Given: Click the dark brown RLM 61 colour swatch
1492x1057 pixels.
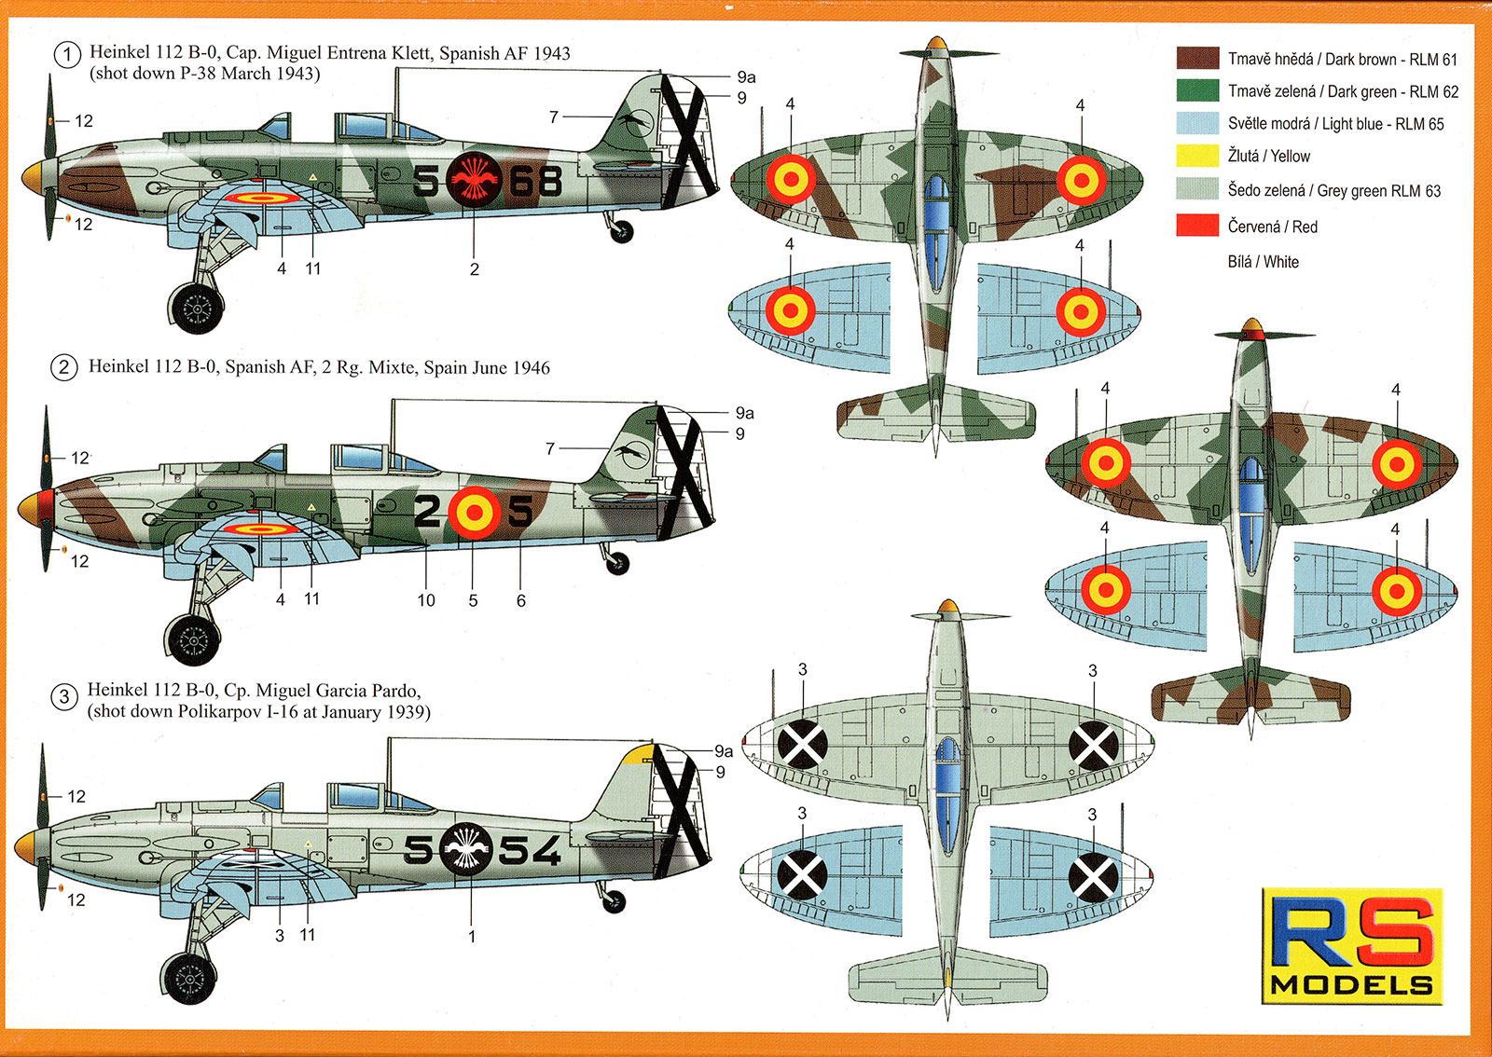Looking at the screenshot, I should pos(1197,59).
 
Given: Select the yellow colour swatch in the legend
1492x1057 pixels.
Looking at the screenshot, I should pos(1197,156).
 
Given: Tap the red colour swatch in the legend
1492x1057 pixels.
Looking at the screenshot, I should pos(1197,226).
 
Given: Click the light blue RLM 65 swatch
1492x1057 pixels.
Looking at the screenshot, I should pos(1197,123).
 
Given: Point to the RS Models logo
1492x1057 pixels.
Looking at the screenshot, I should pos(1351,946).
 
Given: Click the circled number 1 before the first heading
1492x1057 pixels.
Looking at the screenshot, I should pos(67,55).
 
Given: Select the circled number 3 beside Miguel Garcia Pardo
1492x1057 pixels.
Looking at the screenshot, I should pos(63,697).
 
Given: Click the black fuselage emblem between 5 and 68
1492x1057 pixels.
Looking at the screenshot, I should pos(474,179).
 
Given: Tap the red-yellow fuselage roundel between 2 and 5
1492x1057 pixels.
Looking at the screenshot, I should pos(474,511).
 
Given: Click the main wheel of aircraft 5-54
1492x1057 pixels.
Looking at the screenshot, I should pos(188,979).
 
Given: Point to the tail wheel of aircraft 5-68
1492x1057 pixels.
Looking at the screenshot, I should pos(621,231).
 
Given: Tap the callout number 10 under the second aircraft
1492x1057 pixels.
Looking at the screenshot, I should pos(426,600).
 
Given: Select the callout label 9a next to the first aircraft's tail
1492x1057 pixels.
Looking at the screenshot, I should pos(746,77).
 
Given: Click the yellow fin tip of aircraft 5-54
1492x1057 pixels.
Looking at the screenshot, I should pos(640,753).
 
